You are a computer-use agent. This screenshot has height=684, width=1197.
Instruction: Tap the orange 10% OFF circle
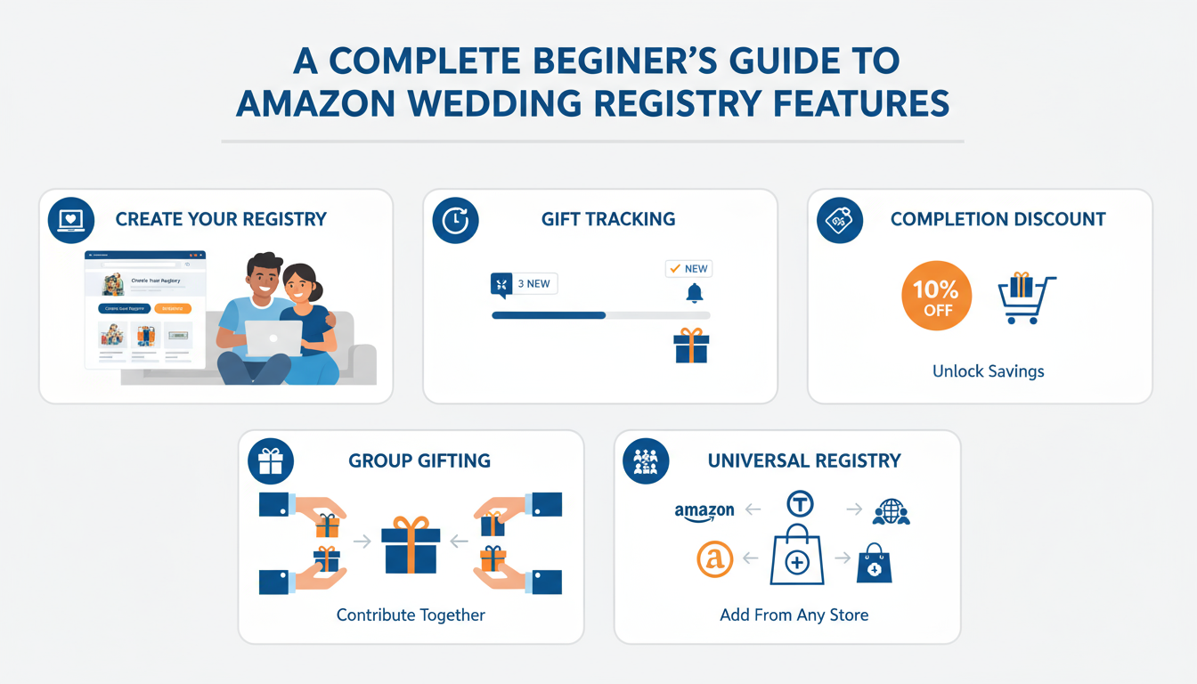(936, 295)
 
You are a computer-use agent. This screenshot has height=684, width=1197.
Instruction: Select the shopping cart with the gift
(1026, 297)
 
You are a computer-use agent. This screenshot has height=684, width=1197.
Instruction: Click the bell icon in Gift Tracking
(695, 293)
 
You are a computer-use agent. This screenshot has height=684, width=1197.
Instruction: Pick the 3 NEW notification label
(524, 284)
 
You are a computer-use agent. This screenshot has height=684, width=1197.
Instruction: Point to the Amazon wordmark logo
(704, 510)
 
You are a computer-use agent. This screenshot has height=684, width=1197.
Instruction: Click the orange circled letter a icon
(715, 559)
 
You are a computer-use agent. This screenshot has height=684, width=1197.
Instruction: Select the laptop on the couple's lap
(273, 338)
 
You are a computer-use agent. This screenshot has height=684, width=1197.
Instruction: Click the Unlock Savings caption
(988, 371)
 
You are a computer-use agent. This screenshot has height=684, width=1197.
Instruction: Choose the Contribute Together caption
(411, 615)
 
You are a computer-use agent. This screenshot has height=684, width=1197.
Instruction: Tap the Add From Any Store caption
(794, 615)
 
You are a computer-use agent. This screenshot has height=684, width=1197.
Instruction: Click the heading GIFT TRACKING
(608, 219)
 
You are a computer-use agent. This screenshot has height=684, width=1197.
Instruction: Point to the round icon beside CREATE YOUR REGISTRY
(70, 220)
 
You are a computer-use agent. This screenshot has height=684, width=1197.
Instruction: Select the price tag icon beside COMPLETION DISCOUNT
(839, 221)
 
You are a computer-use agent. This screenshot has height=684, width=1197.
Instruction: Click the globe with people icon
(891, 511)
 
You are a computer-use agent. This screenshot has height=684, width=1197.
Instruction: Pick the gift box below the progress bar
(691, 346)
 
